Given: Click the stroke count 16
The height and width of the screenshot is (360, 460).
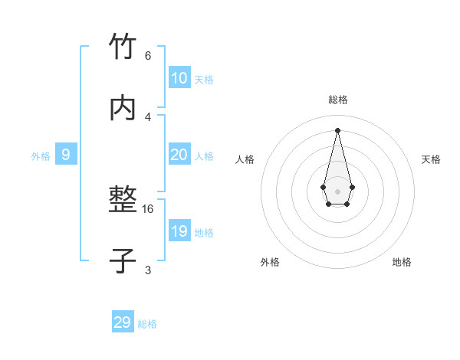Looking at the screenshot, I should point(148,208).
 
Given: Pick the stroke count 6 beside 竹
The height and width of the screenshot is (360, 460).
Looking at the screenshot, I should point(148,56).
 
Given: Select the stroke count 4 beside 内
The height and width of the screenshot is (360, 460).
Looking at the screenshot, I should point(148,116).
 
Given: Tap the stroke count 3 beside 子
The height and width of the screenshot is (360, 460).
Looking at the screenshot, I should point(148,269).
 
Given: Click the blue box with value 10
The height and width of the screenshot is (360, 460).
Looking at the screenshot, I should point(179,78).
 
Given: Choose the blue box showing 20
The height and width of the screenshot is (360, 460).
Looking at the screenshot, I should point(179,155).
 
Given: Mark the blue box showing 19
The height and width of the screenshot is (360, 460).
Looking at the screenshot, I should point(179,231).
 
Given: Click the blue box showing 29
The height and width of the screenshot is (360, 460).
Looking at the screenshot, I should point(123,322).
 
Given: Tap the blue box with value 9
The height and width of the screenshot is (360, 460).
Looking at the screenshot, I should point(66,155).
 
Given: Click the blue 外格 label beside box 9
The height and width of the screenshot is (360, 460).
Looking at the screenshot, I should point(41,156).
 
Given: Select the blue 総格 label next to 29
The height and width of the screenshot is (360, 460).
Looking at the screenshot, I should point(147,324).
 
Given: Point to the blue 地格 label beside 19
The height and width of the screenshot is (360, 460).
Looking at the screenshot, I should point(204,232).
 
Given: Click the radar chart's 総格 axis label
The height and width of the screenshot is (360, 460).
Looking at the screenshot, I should point(337,100).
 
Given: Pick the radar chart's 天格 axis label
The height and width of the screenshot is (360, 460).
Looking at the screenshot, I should point(431,159).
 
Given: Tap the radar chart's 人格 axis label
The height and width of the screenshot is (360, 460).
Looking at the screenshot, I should point(245,159).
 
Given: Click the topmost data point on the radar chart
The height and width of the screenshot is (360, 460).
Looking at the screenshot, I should point(337,129).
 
